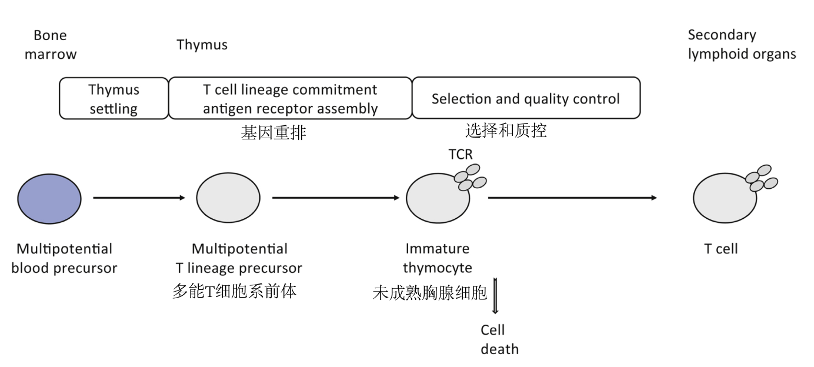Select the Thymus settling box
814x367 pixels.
coord(114,99)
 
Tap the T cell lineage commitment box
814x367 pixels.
coord(290,99)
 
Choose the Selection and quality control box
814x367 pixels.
coord(525,98)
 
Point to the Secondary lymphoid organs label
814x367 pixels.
coord(742,45)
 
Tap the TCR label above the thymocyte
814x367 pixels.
coord(460,154)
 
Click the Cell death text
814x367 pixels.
coord(499,339)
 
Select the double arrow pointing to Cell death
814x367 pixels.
coord(495,298)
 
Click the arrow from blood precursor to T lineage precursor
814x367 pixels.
coord(139,198)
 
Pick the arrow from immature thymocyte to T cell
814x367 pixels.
coord(572,198)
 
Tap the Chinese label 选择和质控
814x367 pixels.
coord(506,131)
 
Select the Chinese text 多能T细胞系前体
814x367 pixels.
coord(234,291)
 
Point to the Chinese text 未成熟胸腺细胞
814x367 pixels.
coord(430,292)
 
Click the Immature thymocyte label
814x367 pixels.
coord(437,258)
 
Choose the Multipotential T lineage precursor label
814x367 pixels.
coord(239,258)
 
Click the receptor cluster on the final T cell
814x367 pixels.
coord(761,179)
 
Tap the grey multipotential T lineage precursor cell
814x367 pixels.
coord(228,198)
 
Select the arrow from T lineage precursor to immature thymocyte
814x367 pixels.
coord(336,198)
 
